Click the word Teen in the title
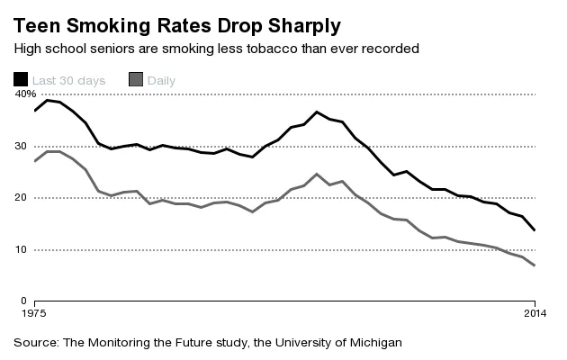pyautogui.click(x=37, y=21)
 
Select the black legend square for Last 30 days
pyautogui.click(x=21, y=80)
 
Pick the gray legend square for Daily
pyautogui.click(x=137, y=80)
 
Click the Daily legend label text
pyautogui.click(x=162, y=81)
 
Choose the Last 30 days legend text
pyautogui.click(x=69, y=81)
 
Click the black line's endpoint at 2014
pyautogui.click(x=535, y=230)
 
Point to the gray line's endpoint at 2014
pyautogui.click(x=535, y=265)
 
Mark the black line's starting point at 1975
pyautogui.click(x=34, y=111)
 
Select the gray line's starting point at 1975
pyautogui.click(x=34, y=161)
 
